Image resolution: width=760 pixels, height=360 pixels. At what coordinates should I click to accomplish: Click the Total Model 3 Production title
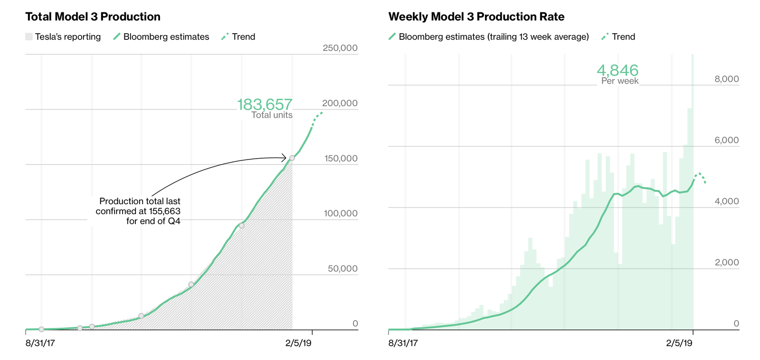point(93,17)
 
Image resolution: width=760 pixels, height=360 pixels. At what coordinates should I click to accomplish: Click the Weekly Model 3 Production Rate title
point(476,17)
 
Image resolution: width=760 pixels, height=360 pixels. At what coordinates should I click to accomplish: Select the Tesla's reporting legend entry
point(63,37)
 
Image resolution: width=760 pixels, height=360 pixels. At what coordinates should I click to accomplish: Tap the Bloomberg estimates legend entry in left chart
point(161,37)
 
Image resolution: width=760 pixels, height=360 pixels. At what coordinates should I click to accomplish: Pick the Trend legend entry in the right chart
point(618,37)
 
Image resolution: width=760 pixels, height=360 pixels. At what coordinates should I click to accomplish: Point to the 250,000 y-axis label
point(340,48)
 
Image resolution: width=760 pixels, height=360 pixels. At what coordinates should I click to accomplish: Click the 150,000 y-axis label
point(341,159)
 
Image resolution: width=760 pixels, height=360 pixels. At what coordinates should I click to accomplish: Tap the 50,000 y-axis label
point(342,269)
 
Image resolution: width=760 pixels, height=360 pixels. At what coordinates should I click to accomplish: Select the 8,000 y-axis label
point(726,79)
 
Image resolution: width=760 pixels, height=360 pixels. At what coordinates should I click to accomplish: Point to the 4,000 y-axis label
point(726,201)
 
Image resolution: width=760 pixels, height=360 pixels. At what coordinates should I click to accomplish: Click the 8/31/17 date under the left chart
point(40,343)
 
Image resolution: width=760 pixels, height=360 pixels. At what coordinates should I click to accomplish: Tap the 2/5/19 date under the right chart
point(679,343)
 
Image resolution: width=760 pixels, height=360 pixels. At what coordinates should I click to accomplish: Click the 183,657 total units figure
point(265,104)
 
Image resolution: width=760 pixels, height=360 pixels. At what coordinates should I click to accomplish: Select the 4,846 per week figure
point(617,70)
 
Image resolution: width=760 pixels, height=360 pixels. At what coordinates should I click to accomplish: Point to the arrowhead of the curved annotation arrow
point(284,158)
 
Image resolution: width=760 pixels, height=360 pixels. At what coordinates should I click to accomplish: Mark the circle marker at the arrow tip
point(292,158)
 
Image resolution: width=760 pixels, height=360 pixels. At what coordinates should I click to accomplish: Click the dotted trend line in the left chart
point(317,117)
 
